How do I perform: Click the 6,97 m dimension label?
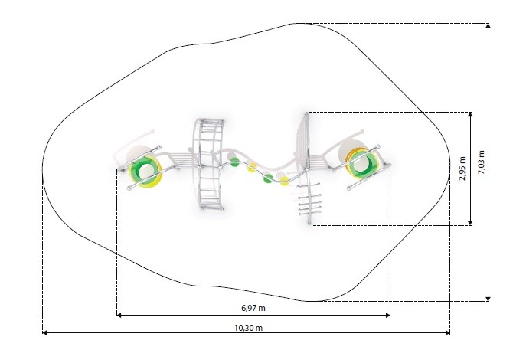[253, 308]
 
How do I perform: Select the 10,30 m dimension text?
[248, 328]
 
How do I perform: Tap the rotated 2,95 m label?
[462, 169]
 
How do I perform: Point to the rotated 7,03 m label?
[482, 162]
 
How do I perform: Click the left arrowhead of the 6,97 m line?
[119, 315]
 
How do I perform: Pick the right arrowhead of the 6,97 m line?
[387, 315]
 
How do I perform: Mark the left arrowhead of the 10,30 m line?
[45, 333]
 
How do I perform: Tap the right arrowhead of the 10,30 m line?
[447, 333]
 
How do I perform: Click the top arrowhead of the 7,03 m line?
[488, 26]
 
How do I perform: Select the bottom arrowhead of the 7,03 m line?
[488, 299]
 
